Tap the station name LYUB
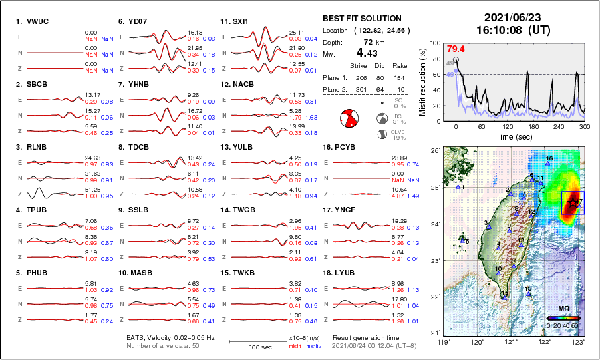click(x=347, y=273)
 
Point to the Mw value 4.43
click(x=369, y=53)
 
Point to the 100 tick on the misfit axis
click(x=436, y=43)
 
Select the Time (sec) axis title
click(x=512, y=136)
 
